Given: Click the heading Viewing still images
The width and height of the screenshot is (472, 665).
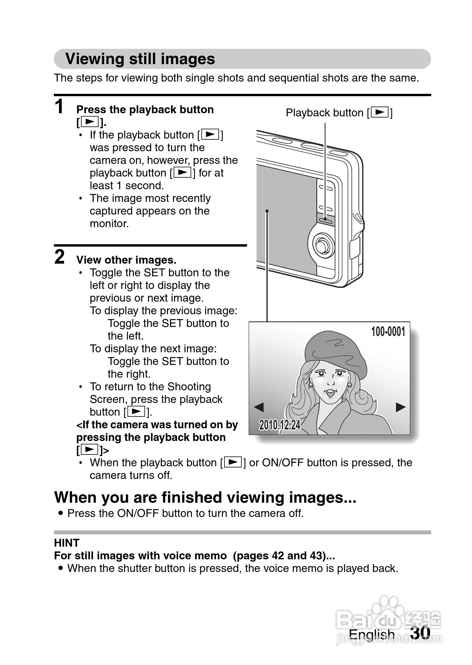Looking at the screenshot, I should (x=140, y=59).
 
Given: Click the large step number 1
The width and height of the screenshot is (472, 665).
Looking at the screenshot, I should (x=59, y=107).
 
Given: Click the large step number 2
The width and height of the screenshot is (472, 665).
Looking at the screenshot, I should (x=59, y=257).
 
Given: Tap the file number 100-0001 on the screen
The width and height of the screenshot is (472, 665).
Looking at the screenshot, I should (x=388, y=332).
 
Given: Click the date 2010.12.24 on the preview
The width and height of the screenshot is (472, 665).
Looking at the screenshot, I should (x=280, y=425).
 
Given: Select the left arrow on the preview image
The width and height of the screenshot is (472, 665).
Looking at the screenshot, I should (x=259, y=407).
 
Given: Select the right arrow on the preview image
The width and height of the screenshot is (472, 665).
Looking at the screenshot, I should (x=401, y=407).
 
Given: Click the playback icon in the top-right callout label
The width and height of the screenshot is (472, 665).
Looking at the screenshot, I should (x=380, y=113).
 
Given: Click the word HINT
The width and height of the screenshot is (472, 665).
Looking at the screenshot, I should (x=67, y=543).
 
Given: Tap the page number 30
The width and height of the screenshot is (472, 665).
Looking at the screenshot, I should (x=420, y=633).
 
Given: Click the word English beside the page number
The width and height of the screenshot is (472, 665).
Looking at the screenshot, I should (x=371, y=635).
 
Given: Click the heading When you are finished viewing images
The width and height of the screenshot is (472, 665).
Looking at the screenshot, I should (x=205, y=497).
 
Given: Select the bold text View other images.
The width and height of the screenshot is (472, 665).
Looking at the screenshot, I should (x=126, y=260).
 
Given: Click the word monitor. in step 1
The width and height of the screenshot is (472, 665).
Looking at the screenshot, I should (x=109, y=224).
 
